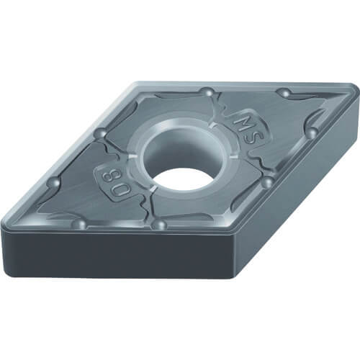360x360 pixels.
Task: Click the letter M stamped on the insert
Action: tap(242, 122)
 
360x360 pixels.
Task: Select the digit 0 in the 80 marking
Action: tap(117, 190)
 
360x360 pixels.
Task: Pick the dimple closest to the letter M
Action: tap(207, 92)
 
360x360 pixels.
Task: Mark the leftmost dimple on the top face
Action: tap(54, 183)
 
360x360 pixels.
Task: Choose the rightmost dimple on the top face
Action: tap(312, 132)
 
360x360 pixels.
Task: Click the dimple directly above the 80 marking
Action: tap(102, 133)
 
